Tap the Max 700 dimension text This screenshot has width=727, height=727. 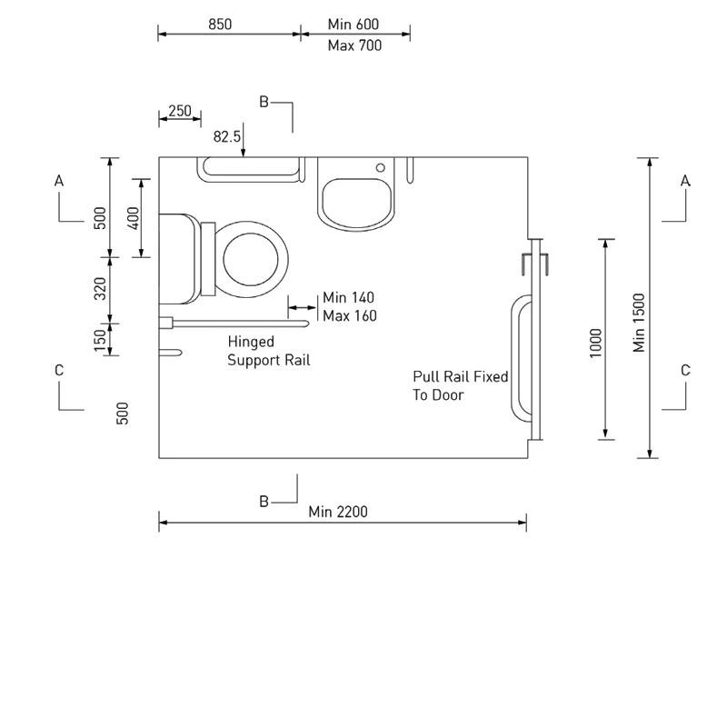(x=354, y=45)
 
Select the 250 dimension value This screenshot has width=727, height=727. (x=180, y=111)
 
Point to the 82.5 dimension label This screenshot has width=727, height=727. (x=227, y=136)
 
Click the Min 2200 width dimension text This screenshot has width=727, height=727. (x=338, y=513)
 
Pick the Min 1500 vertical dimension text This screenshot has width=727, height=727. (x=640, y=322)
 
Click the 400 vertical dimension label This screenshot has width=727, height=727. (x=134, y=218)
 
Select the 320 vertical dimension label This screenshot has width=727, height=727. (x=101, y=289)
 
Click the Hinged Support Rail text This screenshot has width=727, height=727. (x=268, y=351)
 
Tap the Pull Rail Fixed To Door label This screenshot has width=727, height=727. (x=460, y=385)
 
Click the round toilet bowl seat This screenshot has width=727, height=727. (x=254, y=259)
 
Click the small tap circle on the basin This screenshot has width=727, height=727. (x=382, y=168)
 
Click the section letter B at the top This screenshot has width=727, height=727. (x=264, y=102)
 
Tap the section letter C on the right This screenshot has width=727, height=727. (x=685, y=370)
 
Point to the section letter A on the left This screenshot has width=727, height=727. (x=59, y=181)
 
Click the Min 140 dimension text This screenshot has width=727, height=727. (x=348, y=298)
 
